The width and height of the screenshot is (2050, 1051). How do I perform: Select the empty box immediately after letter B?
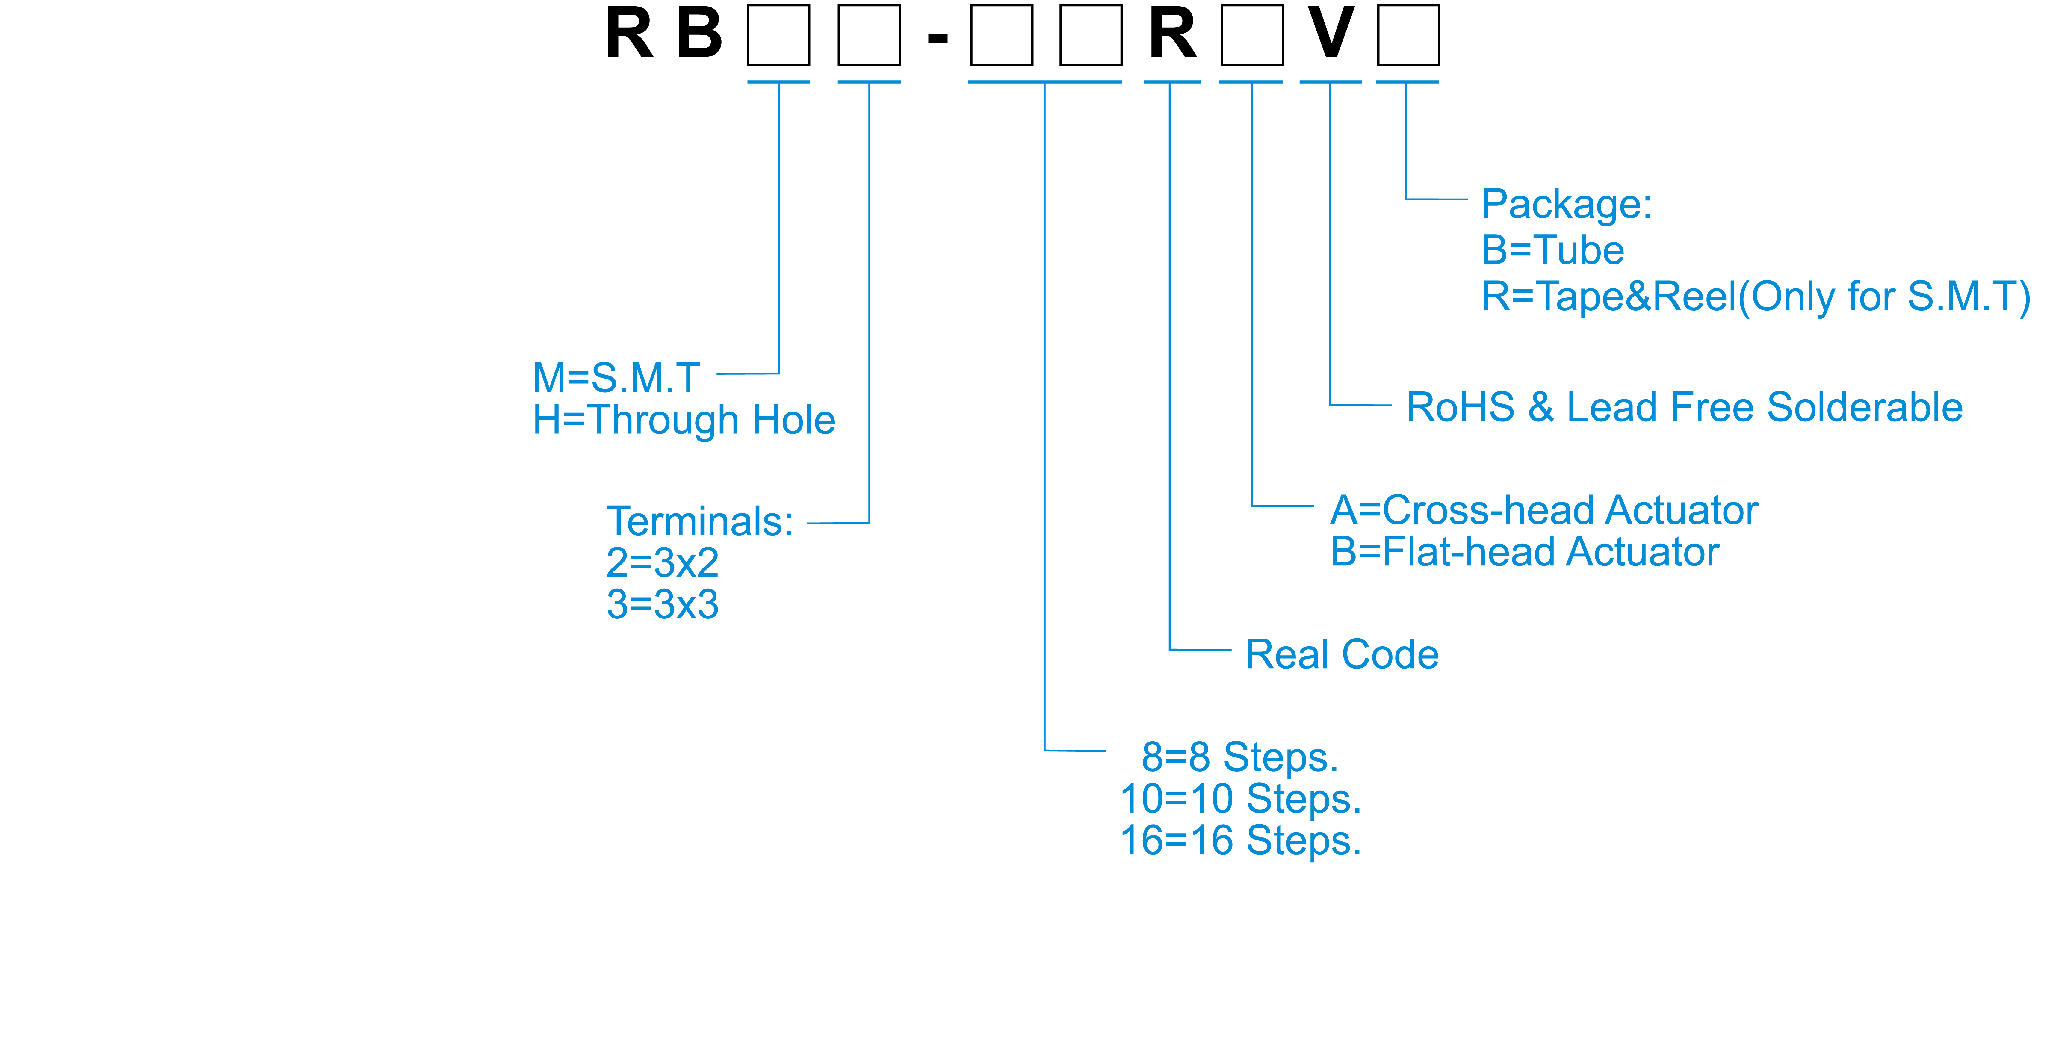[x=778, y=35]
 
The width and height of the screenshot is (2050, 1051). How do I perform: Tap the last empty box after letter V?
[x=1408, y=35]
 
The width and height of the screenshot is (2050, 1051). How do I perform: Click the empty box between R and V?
[x=1252, y=35]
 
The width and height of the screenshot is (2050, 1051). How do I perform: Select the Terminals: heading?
[x=699, y=522]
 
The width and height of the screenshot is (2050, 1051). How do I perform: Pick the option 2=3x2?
[x=662, y=563]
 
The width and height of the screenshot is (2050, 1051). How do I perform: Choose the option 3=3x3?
[x=662, y=605]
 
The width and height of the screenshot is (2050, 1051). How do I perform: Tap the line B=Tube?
[x=1552, y=251]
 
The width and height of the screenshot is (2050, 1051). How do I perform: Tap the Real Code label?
[x=1342, y=655]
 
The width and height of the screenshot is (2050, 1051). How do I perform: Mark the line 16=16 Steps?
[x=1240, y=840]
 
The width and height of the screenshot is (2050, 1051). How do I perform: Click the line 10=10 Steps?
[x=1240, y=799]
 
